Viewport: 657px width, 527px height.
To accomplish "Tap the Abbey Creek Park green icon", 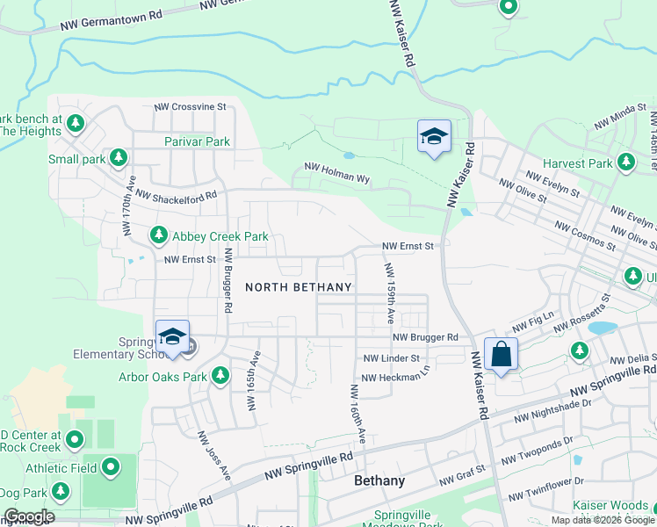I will (159, 235).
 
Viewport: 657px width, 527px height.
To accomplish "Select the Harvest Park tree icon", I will (626, 162).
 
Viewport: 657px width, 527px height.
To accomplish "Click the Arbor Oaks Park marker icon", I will (220, 377).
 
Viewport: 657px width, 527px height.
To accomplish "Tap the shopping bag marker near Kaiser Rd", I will (501, 355).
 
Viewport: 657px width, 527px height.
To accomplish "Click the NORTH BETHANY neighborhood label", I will (299, 287).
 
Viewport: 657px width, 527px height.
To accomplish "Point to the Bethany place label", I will (379, 481).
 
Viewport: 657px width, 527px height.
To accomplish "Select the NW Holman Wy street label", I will (336, 171).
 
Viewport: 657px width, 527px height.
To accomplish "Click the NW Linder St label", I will (391, 358).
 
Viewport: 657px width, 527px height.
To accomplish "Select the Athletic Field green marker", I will (111, 468).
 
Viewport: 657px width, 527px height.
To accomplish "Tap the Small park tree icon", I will (119, 158).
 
